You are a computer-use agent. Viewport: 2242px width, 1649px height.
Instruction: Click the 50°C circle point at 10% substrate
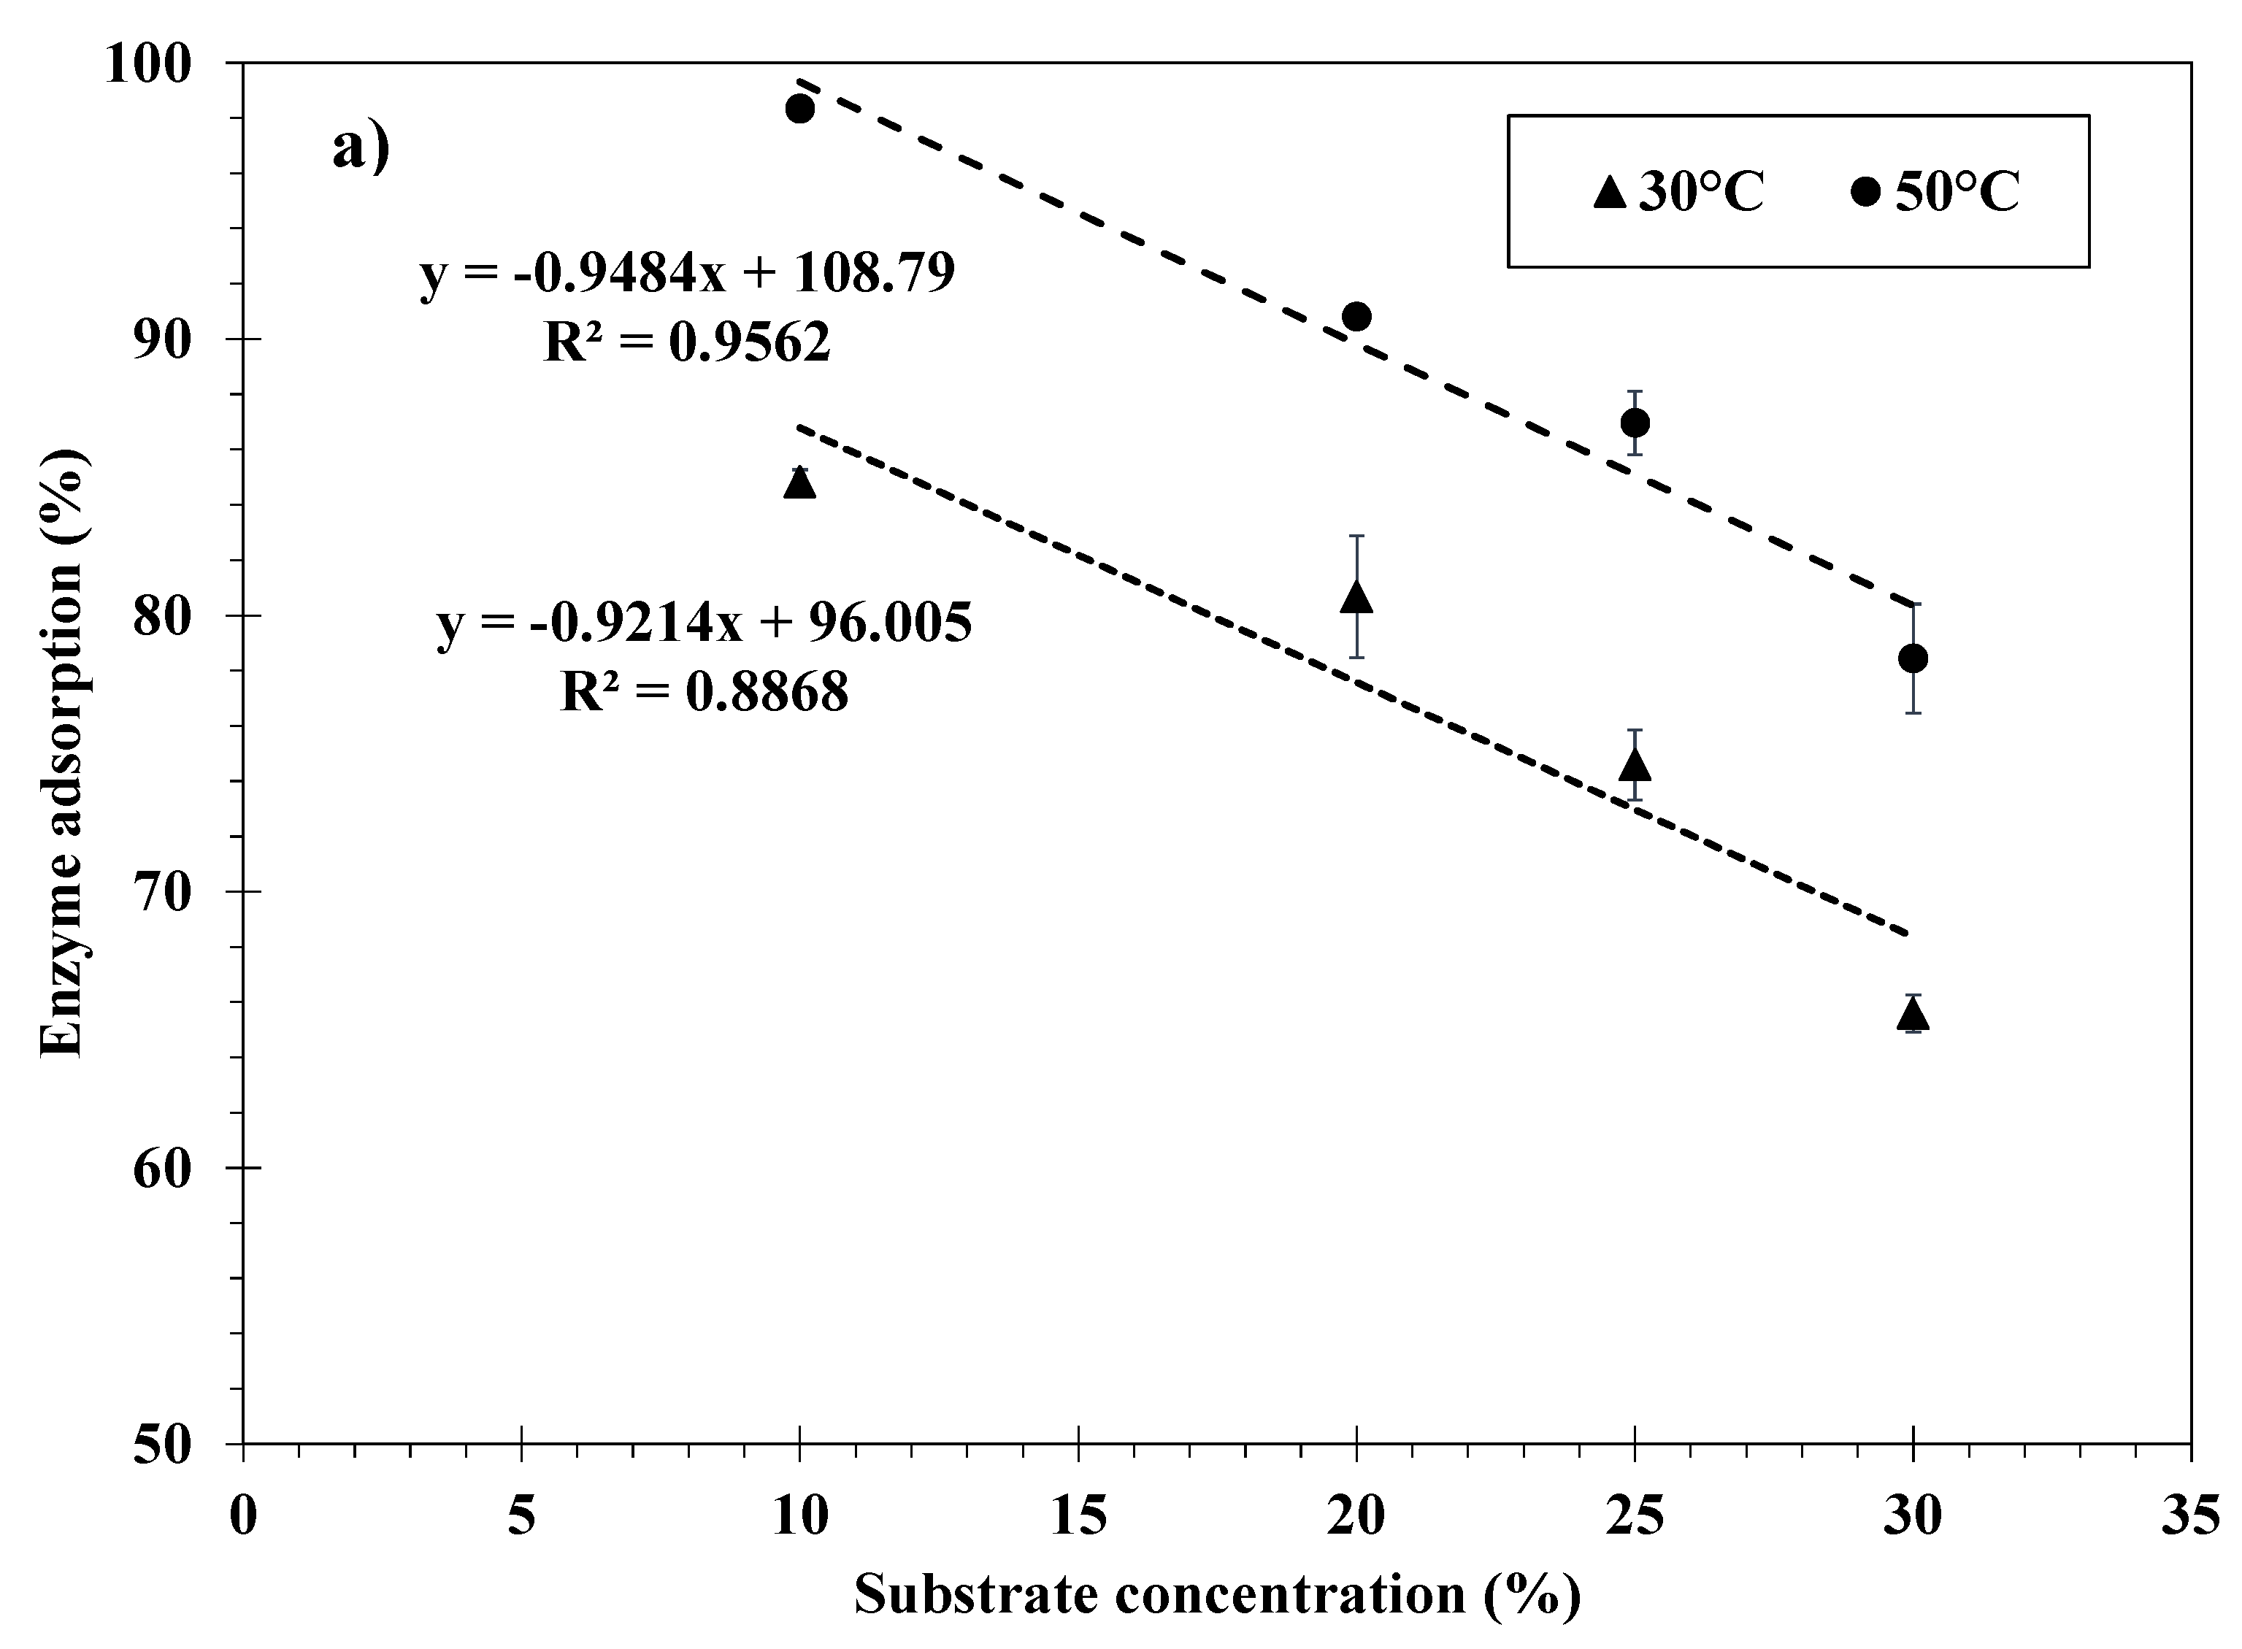pyautogui.click(x=799, y=109)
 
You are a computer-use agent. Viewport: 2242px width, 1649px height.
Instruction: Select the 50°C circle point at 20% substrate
pyautogui.click(x=1356, y=316)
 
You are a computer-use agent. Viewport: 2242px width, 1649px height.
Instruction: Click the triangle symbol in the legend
pyautogui.click(x=1609, y=192)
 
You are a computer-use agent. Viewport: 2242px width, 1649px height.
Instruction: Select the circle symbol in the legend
pyautogui.click(x=1865, y=192)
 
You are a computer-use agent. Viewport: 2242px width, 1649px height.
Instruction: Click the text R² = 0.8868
pyautogui.click(x=705, y=691)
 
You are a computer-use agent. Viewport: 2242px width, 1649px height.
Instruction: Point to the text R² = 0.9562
pyautogui.click(x=687, y=342)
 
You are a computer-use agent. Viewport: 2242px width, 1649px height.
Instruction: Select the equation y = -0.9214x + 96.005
pyautogui.click(x=705, y=623)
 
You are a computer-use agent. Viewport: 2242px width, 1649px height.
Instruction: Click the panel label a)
pyautogui.click(x=361, y=150)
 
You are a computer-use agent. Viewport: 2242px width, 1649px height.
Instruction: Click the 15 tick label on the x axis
pyautogui.click(x=1078, y=1517)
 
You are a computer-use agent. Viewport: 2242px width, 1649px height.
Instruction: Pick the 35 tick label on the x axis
pyautogui.click(x=2190, y=1517)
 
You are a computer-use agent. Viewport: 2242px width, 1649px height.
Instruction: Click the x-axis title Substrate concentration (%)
pyautogui.click(x=1217, y=1595)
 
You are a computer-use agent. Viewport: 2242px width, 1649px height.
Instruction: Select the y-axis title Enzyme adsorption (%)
pyautogui.click(x=64, y=753)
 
